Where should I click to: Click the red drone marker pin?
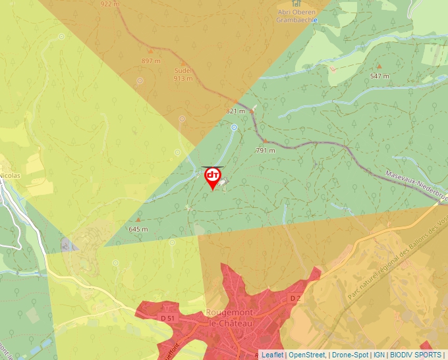click(213, 176)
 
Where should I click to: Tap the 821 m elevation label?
click(235, 111)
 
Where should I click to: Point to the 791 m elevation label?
click(265, 150)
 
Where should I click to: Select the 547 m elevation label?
click(379, 76)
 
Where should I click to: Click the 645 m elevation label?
click(138, 229)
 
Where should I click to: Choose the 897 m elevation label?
click(151, 61)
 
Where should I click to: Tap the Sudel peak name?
click(182, 70)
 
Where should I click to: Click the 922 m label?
click(110, 3)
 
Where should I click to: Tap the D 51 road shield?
click(169, 319)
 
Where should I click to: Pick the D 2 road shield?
click(295, 298)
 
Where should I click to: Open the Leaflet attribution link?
click(271, 355)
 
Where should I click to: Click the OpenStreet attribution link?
click(306, 355)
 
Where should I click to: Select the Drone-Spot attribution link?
click(350, 355)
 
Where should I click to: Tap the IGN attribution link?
click(379, 355)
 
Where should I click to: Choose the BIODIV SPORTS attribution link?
click(416, 355)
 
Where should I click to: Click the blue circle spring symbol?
click(233, 128)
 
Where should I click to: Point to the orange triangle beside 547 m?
click(379, 67)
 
